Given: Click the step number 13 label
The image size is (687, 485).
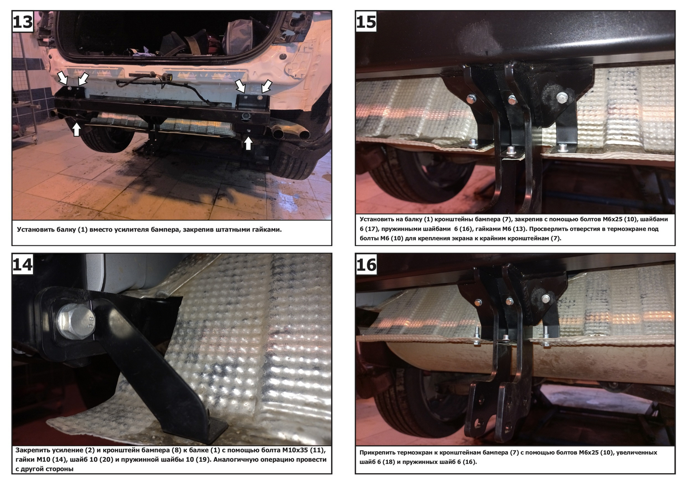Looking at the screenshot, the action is pyautogui.click(x=23, y=22).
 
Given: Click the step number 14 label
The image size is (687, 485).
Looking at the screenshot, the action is pyautogui.click(x=23, y=264).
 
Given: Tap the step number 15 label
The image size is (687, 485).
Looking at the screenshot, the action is pyautogui.click(x=366, y=22).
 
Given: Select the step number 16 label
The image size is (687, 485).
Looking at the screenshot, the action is pyautogui.click(x=366, y=264).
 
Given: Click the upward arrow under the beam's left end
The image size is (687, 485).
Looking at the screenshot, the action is pyautogui.click(x=76, y=129).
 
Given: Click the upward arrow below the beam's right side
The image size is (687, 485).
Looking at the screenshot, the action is pyautogui.click(x=248, y=143).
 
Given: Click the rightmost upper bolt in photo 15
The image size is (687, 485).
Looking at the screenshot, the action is pyautogui.click(x=562, y=97).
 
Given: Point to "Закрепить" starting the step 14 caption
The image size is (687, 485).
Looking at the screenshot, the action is pyautogui.click(x=33, y=450).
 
